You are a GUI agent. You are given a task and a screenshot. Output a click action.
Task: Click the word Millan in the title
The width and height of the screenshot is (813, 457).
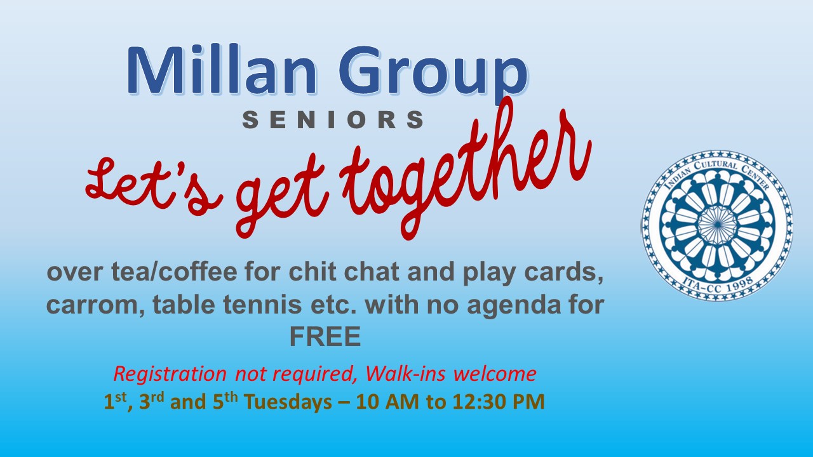click(x=222, y=70)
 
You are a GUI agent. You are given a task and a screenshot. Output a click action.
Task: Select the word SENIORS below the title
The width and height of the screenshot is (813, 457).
click(x=333, y=120)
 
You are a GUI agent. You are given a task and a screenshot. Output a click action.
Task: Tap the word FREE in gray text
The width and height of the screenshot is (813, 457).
click(x=325, y=336)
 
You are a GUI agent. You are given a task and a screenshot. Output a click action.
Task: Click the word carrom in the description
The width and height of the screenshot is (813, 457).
click(x=95, y=305)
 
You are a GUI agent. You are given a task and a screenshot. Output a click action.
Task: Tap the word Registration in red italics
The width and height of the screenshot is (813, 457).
click(x=170, y=374)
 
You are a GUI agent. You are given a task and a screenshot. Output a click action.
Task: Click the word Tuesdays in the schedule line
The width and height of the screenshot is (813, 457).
click(x=288, y=402)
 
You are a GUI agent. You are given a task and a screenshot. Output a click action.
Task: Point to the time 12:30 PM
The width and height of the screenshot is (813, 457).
click(x=499, y=402)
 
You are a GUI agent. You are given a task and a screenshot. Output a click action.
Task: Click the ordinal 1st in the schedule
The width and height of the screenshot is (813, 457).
click(x=115, y=401)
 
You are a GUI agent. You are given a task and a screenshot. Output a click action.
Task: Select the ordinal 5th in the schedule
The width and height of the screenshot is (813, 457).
click(x=225, y=401)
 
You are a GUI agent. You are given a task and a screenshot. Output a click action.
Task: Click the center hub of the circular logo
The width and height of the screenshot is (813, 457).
click(x=718, y=225)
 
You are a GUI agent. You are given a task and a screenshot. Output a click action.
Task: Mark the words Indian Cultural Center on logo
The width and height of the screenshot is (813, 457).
click(x=718, y=169)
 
